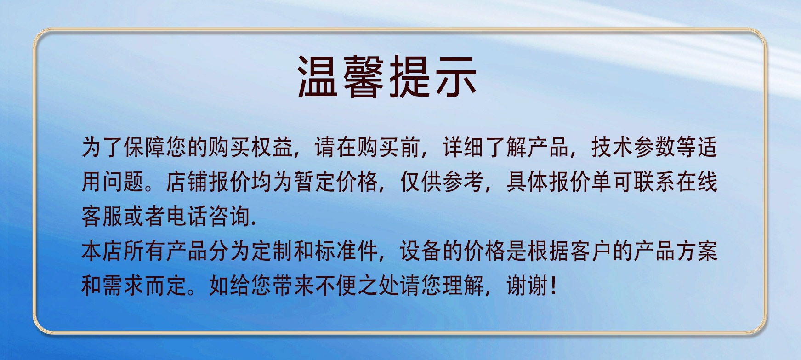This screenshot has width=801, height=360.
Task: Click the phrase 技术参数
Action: click(633, 148)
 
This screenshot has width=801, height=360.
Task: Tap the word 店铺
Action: click(187, 182)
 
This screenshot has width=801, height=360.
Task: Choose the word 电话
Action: click(187, 216)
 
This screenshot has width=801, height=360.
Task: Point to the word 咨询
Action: click(229, 216)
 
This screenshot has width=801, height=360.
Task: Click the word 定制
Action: click(272, 251)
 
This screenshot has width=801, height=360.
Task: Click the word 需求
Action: click(124, 286)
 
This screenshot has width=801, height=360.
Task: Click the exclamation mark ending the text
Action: click(553, 286)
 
